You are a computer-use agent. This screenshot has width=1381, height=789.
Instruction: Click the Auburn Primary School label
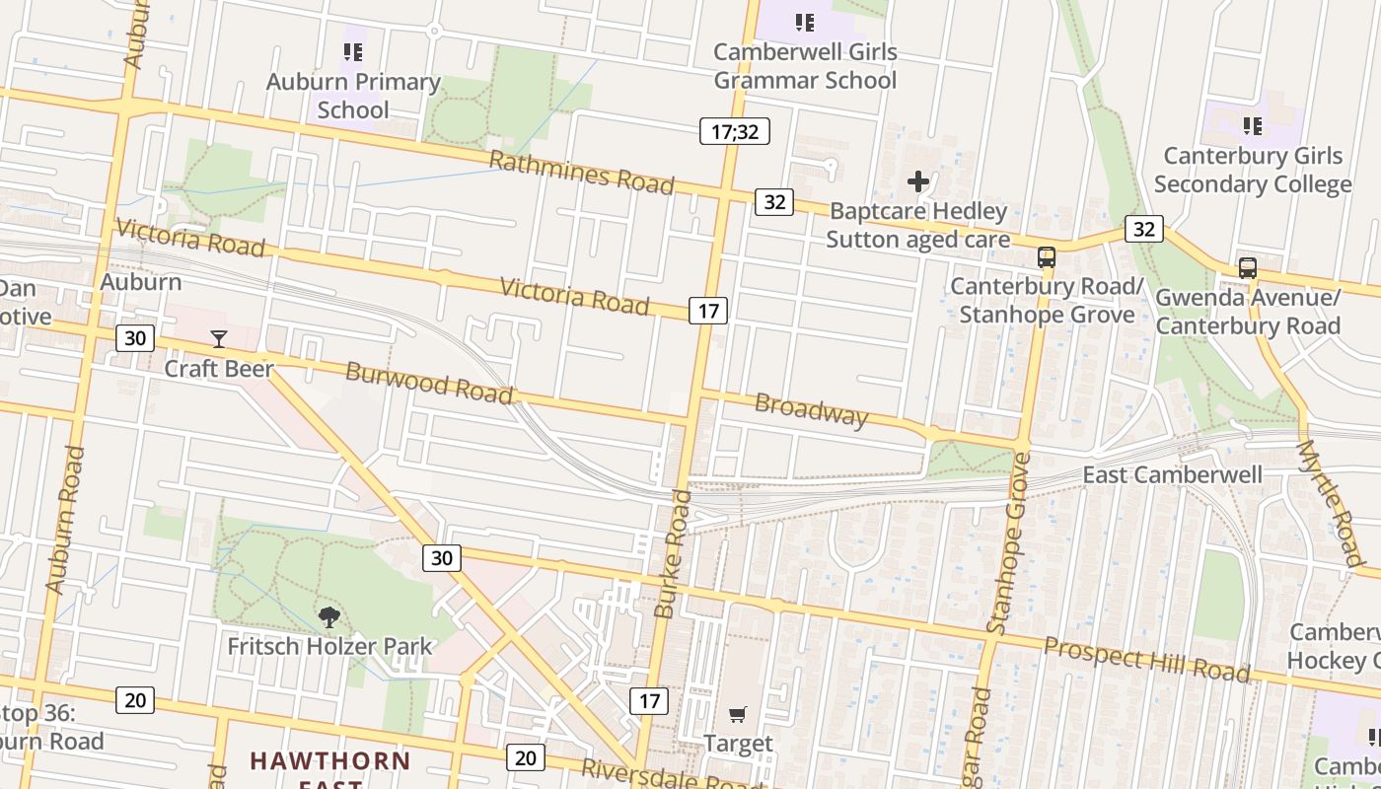click(353, 96)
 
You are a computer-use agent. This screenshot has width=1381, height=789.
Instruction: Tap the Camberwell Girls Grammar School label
click(805, 66)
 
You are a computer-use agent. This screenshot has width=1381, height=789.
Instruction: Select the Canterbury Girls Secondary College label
click(1253, 170)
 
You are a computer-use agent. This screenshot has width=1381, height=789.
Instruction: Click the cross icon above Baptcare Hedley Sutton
click(918, 181)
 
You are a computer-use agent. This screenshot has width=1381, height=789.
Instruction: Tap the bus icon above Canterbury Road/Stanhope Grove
click(1047, 257)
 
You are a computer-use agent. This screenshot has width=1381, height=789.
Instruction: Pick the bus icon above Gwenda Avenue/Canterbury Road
click(1248, 268)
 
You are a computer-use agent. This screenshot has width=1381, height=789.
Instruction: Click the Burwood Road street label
click(429, 383)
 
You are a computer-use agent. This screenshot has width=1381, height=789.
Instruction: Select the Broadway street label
click(811, 409)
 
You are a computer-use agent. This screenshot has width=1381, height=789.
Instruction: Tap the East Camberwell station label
click(1172, 475)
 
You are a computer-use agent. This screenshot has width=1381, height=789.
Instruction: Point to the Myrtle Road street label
click(1331, 503)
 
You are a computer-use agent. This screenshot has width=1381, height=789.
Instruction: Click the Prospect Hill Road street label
click(1146, 659)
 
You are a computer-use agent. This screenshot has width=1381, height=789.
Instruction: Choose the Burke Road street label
click(672, 553)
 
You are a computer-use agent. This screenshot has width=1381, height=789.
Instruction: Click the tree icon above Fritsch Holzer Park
click(329, 617)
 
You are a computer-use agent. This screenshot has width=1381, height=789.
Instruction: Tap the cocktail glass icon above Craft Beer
click(219, 339)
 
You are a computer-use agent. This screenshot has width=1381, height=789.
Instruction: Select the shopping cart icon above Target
click(738, 714)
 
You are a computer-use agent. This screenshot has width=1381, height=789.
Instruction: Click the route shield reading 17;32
click(735, 131)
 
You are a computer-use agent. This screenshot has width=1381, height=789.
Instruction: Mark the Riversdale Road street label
click(671, 775)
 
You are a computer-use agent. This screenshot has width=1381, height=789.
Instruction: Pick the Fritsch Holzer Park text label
click(329, 647)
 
